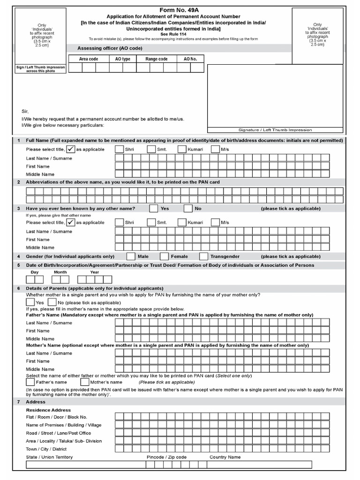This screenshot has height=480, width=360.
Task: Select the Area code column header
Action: (89, 59)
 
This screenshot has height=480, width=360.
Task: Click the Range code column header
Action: (157, 59)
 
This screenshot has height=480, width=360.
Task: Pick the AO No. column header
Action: (190, 59)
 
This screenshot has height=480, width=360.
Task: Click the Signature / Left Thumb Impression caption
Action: (275, 130)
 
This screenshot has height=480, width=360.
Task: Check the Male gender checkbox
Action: (131, 256)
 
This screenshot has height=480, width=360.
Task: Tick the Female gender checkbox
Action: (164, 256)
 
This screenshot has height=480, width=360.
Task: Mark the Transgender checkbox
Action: (203, 256)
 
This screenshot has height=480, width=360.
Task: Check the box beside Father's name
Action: (30, 382)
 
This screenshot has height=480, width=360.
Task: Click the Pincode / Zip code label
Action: (166, 457)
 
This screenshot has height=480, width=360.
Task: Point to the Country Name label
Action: (225, 457)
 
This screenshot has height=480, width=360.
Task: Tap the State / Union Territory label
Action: (49, 457)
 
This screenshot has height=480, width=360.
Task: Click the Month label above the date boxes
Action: (60, 272)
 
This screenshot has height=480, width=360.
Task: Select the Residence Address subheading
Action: (48, 410)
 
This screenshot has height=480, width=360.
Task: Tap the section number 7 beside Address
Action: (18, 402)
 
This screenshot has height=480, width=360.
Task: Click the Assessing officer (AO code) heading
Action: (110, 48)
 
